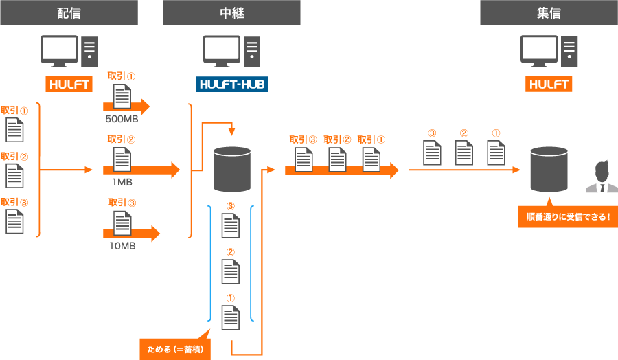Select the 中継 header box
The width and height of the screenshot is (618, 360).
pyautogui.click(x=231, y=12)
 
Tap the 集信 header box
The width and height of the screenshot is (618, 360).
pyautogui.click(x=549, y=12)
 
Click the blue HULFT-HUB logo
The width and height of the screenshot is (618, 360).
pyautogui.click(x=231, y=85)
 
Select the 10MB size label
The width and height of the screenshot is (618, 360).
pyautogui.click(x=122, y=245)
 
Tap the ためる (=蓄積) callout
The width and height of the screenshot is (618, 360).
pyautogui.click(x=175, y=349)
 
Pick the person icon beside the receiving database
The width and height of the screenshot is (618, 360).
pyautogui.click(x=601, y=177)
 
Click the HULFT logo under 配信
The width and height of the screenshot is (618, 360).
pyautogui.click(x=69, y=85)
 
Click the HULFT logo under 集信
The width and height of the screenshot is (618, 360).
pyautogui.click(x=549, y=85)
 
